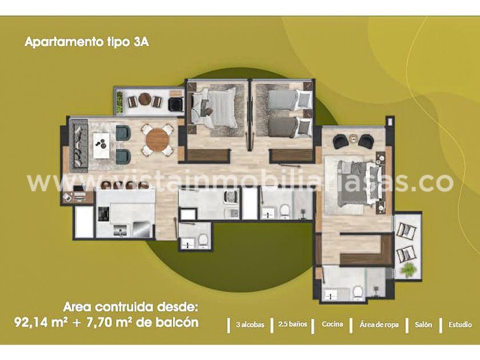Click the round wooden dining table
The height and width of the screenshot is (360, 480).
[x=157, y=140]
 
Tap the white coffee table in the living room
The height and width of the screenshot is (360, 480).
[x=101, y=145]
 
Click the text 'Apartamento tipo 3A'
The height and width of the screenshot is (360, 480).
[x=87, y=42]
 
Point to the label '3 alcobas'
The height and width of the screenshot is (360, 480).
[x=250, y=325]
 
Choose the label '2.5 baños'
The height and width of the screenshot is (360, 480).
[x=293, y=324]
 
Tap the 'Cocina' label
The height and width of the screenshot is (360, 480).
[x=333, y=324]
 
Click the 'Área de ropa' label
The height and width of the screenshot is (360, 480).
[x=379, y=325]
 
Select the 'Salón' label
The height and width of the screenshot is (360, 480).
[x=423, y=324]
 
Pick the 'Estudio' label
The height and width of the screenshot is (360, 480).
[x=460, y=324]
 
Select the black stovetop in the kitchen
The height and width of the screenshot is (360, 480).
[x=103, y=213]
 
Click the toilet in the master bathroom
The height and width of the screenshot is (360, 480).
[x=357, y=293]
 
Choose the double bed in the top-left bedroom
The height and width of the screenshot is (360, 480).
[x=214, y=107]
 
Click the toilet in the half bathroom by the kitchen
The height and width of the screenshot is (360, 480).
[x=203, y=241]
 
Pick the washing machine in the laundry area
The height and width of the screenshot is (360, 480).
[x=231, y=197]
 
